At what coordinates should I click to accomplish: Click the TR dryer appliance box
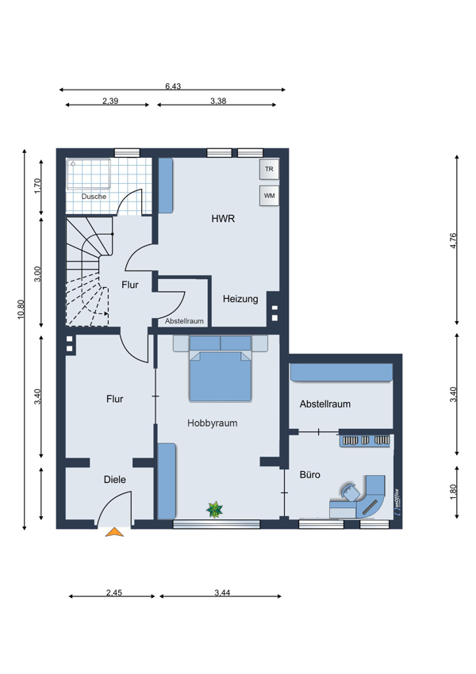[x=269, y=169]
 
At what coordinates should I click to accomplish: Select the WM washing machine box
[x=269, y=196]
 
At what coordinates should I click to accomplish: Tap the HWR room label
[x=223, y=219]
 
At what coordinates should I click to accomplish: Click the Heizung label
[x=240, y=299]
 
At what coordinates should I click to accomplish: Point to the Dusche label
[x=94, y=197]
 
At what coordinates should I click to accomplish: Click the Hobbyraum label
[x=213, y=423]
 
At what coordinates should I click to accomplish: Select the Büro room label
[x=310, y=474]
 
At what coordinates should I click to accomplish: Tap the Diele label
[x=115, y=479]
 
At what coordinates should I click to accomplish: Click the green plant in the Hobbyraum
[x=214, y=510]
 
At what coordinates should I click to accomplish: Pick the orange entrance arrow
[x=115, y=532]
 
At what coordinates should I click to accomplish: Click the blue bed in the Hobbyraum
[x=221, y=376]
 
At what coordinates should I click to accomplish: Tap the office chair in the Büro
[x=350, y=492]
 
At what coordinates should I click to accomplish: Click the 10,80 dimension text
[x=21, y=309]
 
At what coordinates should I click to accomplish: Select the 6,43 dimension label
[x=173, y=86]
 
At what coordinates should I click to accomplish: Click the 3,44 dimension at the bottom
[x=222, y=593]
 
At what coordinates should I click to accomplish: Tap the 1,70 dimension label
[x=38, y=186]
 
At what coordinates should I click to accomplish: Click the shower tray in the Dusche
[x=89, y=174]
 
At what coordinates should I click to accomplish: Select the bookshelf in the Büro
[x=365, y=440]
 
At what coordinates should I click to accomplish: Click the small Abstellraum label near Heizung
[x=185, y=321]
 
